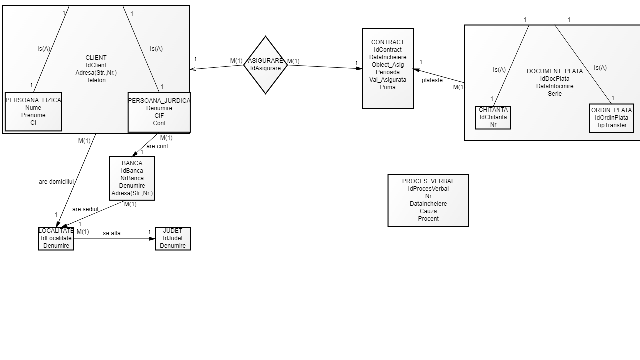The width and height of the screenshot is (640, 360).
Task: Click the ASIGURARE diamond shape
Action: [265, 65]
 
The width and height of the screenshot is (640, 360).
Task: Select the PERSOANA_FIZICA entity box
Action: [33, 112]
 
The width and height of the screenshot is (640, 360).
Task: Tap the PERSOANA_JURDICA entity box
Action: [159, 112]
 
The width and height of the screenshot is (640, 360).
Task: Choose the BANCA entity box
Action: [132, 178]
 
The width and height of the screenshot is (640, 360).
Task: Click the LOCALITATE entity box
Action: [56, 239]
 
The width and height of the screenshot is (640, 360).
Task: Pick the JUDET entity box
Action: [173, 239]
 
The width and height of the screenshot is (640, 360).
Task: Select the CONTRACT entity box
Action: [388, 69]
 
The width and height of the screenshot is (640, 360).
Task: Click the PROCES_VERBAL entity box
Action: [428, 200]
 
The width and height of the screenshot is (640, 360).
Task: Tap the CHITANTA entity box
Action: [493, 118]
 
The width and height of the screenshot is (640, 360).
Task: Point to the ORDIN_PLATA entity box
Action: [611, 118]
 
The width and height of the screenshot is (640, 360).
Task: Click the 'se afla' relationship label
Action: [112, 233]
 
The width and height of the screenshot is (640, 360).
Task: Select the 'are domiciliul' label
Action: [56, 182]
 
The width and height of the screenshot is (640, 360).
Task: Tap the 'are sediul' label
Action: [85, 209]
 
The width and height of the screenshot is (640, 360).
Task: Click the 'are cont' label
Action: [157, 146]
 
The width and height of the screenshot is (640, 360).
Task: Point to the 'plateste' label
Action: [432, 80]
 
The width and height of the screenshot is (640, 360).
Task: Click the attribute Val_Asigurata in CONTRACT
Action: [388, 80]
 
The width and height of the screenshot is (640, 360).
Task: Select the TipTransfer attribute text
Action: [611, 125]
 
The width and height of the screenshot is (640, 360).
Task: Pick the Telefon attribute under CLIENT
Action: [96, 80]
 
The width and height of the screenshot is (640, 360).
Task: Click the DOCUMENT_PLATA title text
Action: [555, 71]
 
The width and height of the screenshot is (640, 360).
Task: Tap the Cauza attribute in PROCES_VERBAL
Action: [428, 211]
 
